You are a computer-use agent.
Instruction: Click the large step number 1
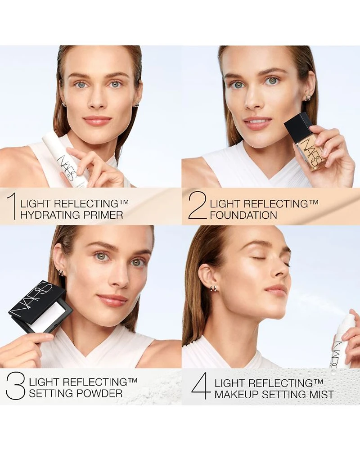pos(12,207)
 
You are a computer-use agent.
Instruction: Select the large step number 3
pos(15,386)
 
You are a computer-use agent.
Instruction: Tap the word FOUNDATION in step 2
pos(243,215)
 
